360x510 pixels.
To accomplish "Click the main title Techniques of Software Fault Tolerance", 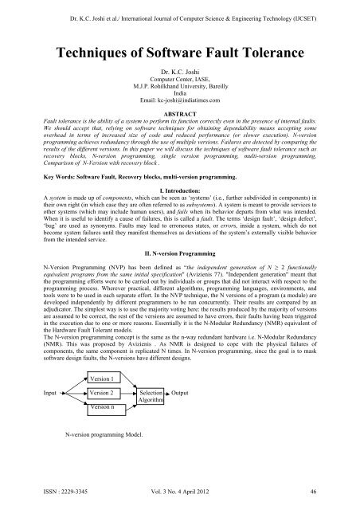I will (x=179, y=55).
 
